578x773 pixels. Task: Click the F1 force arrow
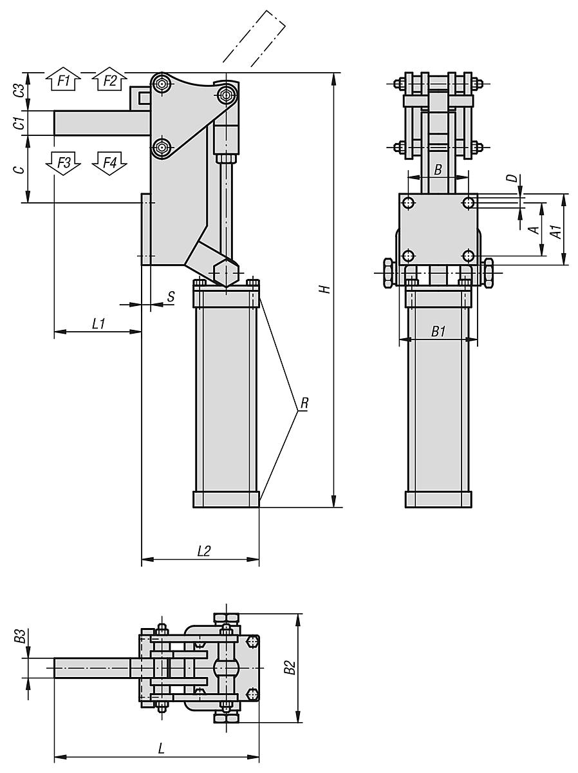(62, 81)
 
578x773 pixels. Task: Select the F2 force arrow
(109, 81)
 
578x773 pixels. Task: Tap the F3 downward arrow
(63, 163)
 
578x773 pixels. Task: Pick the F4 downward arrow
(109, 163)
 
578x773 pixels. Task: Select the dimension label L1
(98, 324)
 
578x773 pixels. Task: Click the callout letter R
(304, 405)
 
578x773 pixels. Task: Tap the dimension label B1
(438, 331)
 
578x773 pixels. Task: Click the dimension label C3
(19, 90)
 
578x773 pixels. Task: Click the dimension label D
(513, 179)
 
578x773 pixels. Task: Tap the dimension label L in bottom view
(161, 749)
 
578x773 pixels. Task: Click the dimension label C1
(19, 122)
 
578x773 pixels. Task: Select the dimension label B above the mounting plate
(438, 170)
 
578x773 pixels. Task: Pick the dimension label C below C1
(19, 169)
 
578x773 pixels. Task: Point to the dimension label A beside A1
(533, 230)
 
